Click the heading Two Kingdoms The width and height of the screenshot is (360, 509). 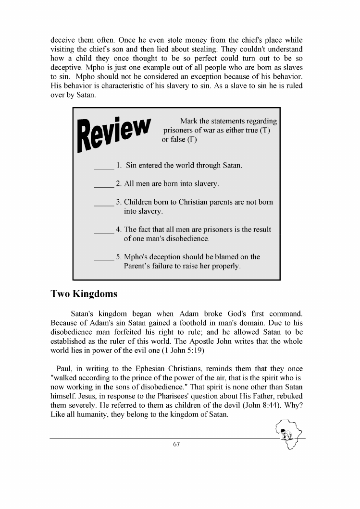(x=84, y=293)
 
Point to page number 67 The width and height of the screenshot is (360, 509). (x=176, y=444)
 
